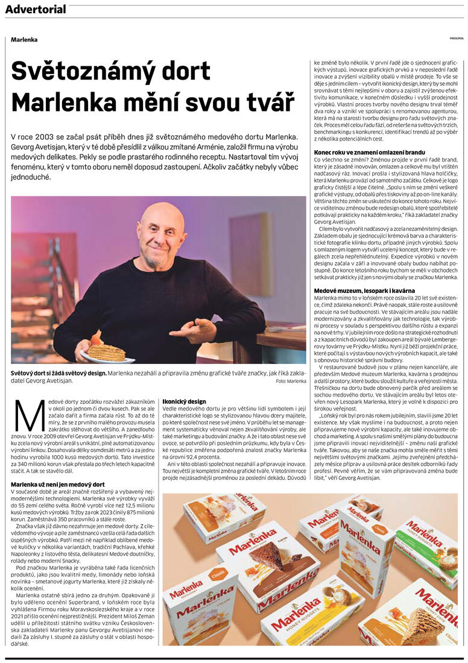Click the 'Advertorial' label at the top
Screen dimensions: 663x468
pos(36,9)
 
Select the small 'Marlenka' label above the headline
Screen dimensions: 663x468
pos(24,40)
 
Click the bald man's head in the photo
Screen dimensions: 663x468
pos(161,232)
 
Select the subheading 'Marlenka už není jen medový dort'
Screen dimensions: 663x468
pos(58,485)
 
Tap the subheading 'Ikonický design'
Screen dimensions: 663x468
pos(184,401)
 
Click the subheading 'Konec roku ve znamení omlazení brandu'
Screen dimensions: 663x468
pos(370,152)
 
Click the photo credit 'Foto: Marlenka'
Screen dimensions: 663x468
pos(291,381)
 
